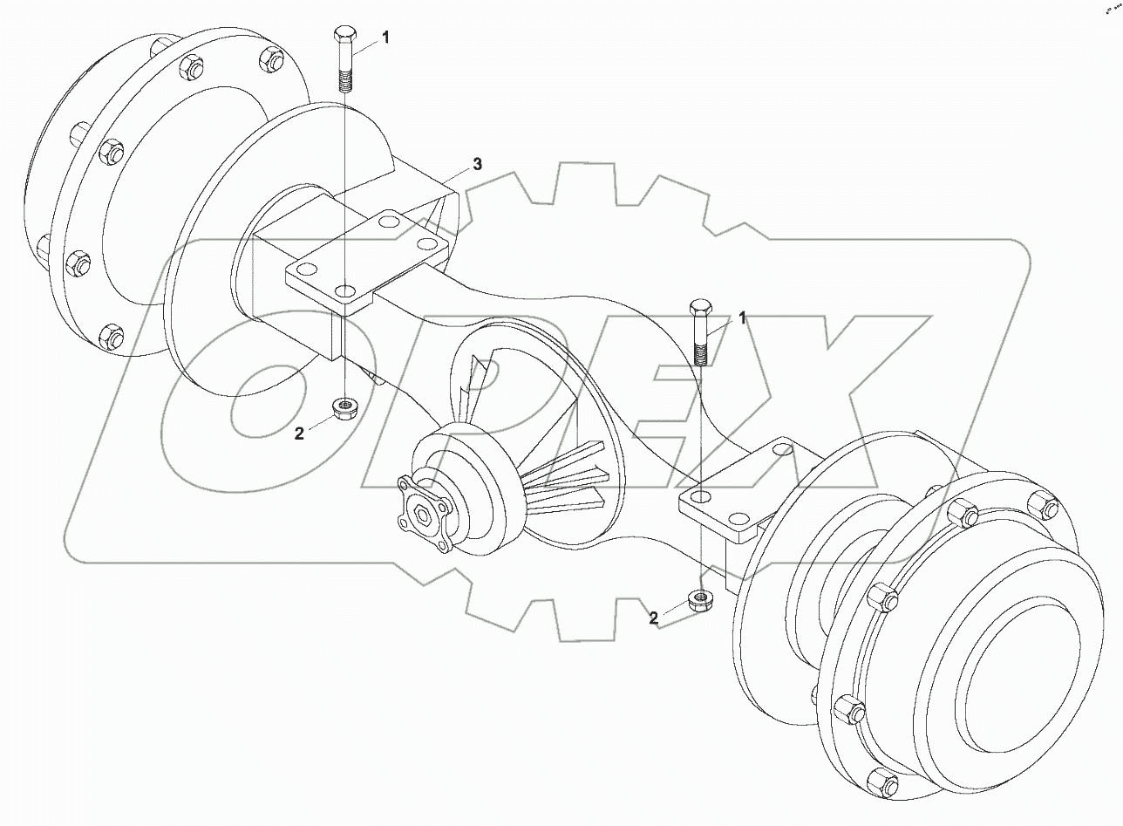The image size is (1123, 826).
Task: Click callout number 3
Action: (477, 164)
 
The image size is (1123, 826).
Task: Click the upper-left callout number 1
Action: (385, 38)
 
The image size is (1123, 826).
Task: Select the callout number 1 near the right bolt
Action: (743, 319)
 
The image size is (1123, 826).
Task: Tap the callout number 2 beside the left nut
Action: (299, 433)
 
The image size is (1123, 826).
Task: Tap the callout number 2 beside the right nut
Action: (653, 618)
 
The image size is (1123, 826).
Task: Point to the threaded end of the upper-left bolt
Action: (344, 84)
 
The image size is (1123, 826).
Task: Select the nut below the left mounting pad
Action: (344, 406)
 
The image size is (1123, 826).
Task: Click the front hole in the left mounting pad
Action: (345, 290)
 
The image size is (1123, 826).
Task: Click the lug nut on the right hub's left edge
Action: (881, 599)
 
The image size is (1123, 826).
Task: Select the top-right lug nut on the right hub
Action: (1043, 504)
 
